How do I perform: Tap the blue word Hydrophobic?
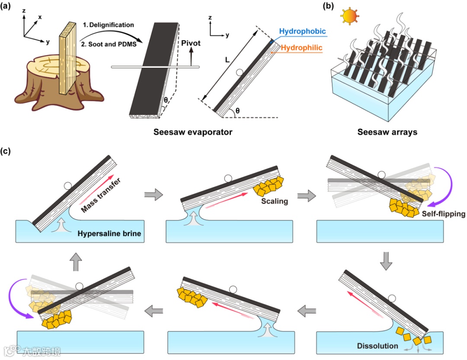click(303, 32)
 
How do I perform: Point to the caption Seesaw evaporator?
click(193, 132)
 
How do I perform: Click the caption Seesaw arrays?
click(387, 132)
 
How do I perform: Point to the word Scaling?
click(274, 201)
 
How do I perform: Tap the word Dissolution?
click(377, 346)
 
